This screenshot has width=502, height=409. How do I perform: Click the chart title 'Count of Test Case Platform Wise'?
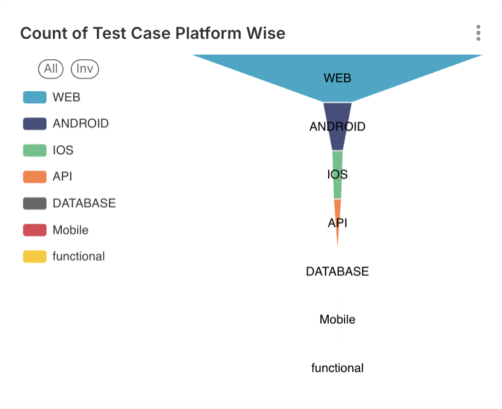coord(153,34)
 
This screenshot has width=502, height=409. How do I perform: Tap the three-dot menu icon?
coord(478,33)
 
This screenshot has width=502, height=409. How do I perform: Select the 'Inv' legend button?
coord(85,69)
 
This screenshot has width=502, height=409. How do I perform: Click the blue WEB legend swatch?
coord(34,97)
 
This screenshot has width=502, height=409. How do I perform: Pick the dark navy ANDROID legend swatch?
coord(34,124)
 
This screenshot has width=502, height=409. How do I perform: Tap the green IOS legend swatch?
coord(34,150)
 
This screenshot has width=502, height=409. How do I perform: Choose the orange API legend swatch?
coord(34,176)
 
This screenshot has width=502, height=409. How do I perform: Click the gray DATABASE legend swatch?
coord(34,203)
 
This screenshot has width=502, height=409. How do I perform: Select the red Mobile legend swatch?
coord(34,230)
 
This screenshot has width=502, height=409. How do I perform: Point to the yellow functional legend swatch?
coord(34,257)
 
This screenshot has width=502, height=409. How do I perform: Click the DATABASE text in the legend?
coord(84,203)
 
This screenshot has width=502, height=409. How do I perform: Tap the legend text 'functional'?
coord(78,256)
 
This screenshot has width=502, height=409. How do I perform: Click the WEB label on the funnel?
coord(338,78)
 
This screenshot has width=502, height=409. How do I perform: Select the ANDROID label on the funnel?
coord(338,127)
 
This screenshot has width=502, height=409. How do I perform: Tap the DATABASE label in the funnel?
coord(338,271)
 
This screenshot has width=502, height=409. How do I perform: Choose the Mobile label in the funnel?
coord(338,319)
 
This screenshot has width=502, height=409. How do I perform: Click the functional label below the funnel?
coord(338,368)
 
